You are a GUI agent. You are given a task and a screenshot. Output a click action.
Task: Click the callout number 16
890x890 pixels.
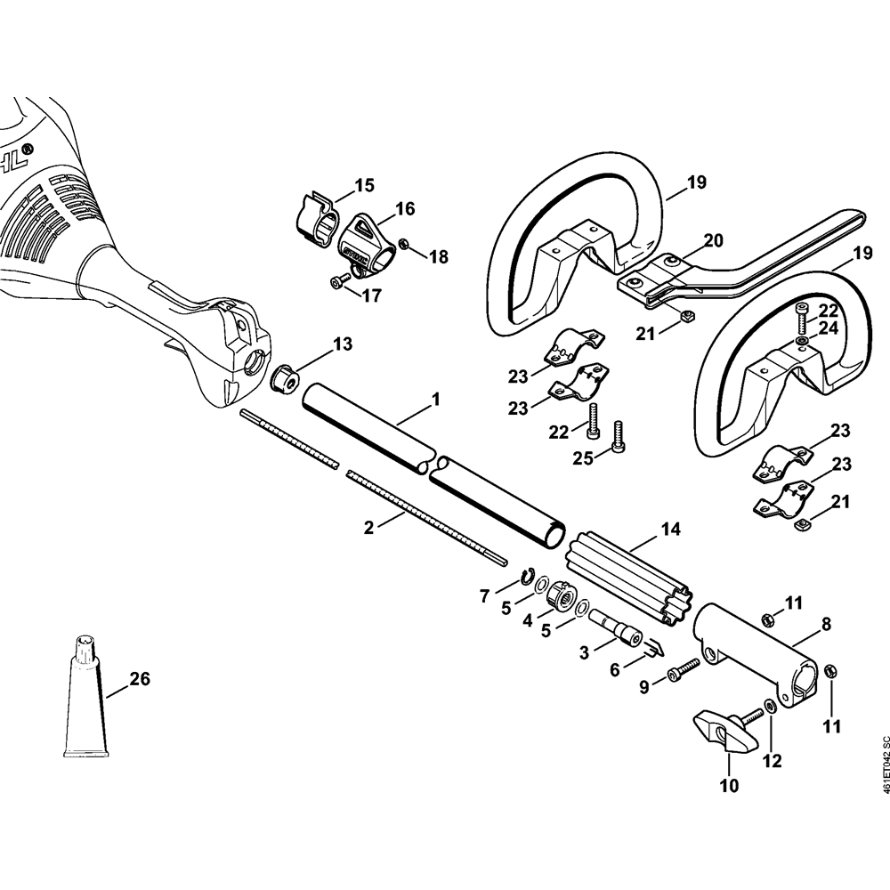(405, 209)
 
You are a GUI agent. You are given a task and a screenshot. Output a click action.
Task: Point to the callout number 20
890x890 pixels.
(714, 239)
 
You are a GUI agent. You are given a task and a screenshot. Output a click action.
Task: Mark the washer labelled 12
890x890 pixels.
(769, 705)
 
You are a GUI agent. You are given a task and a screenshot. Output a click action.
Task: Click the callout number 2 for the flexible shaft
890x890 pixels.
(369, 527)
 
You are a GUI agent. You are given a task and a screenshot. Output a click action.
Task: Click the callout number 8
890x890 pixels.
(826, 625)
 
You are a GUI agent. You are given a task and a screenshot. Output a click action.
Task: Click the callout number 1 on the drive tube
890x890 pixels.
(436, 400)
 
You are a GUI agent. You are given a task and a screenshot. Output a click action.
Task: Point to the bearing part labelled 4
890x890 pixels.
(559, 595)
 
